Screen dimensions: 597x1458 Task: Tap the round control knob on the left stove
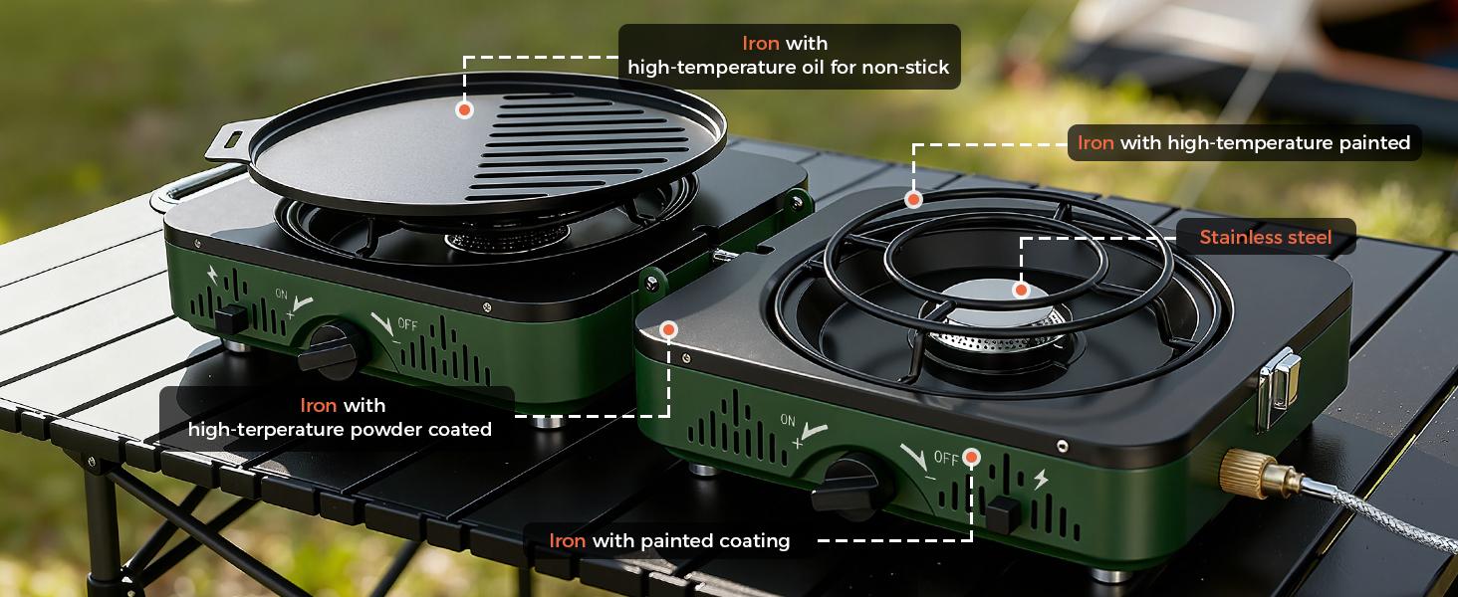pos(328,349)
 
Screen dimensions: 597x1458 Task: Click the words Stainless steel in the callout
pos(1265,237)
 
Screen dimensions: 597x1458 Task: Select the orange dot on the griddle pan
pos(464,109)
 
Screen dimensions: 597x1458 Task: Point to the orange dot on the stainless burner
pos(1020,291)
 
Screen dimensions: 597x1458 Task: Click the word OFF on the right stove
pos(946,459)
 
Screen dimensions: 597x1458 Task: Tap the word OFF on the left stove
pos(407,324)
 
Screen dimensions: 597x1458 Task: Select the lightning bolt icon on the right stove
pos(1041,480)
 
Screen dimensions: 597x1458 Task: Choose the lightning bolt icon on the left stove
pos(216,275)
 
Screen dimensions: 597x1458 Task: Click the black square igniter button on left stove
pos(230,319)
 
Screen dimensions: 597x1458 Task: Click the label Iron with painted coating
pos(669,540)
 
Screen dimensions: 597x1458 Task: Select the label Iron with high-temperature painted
pos(1244,142)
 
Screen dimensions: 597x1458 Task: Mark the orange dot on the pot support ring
pos(913,200)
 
